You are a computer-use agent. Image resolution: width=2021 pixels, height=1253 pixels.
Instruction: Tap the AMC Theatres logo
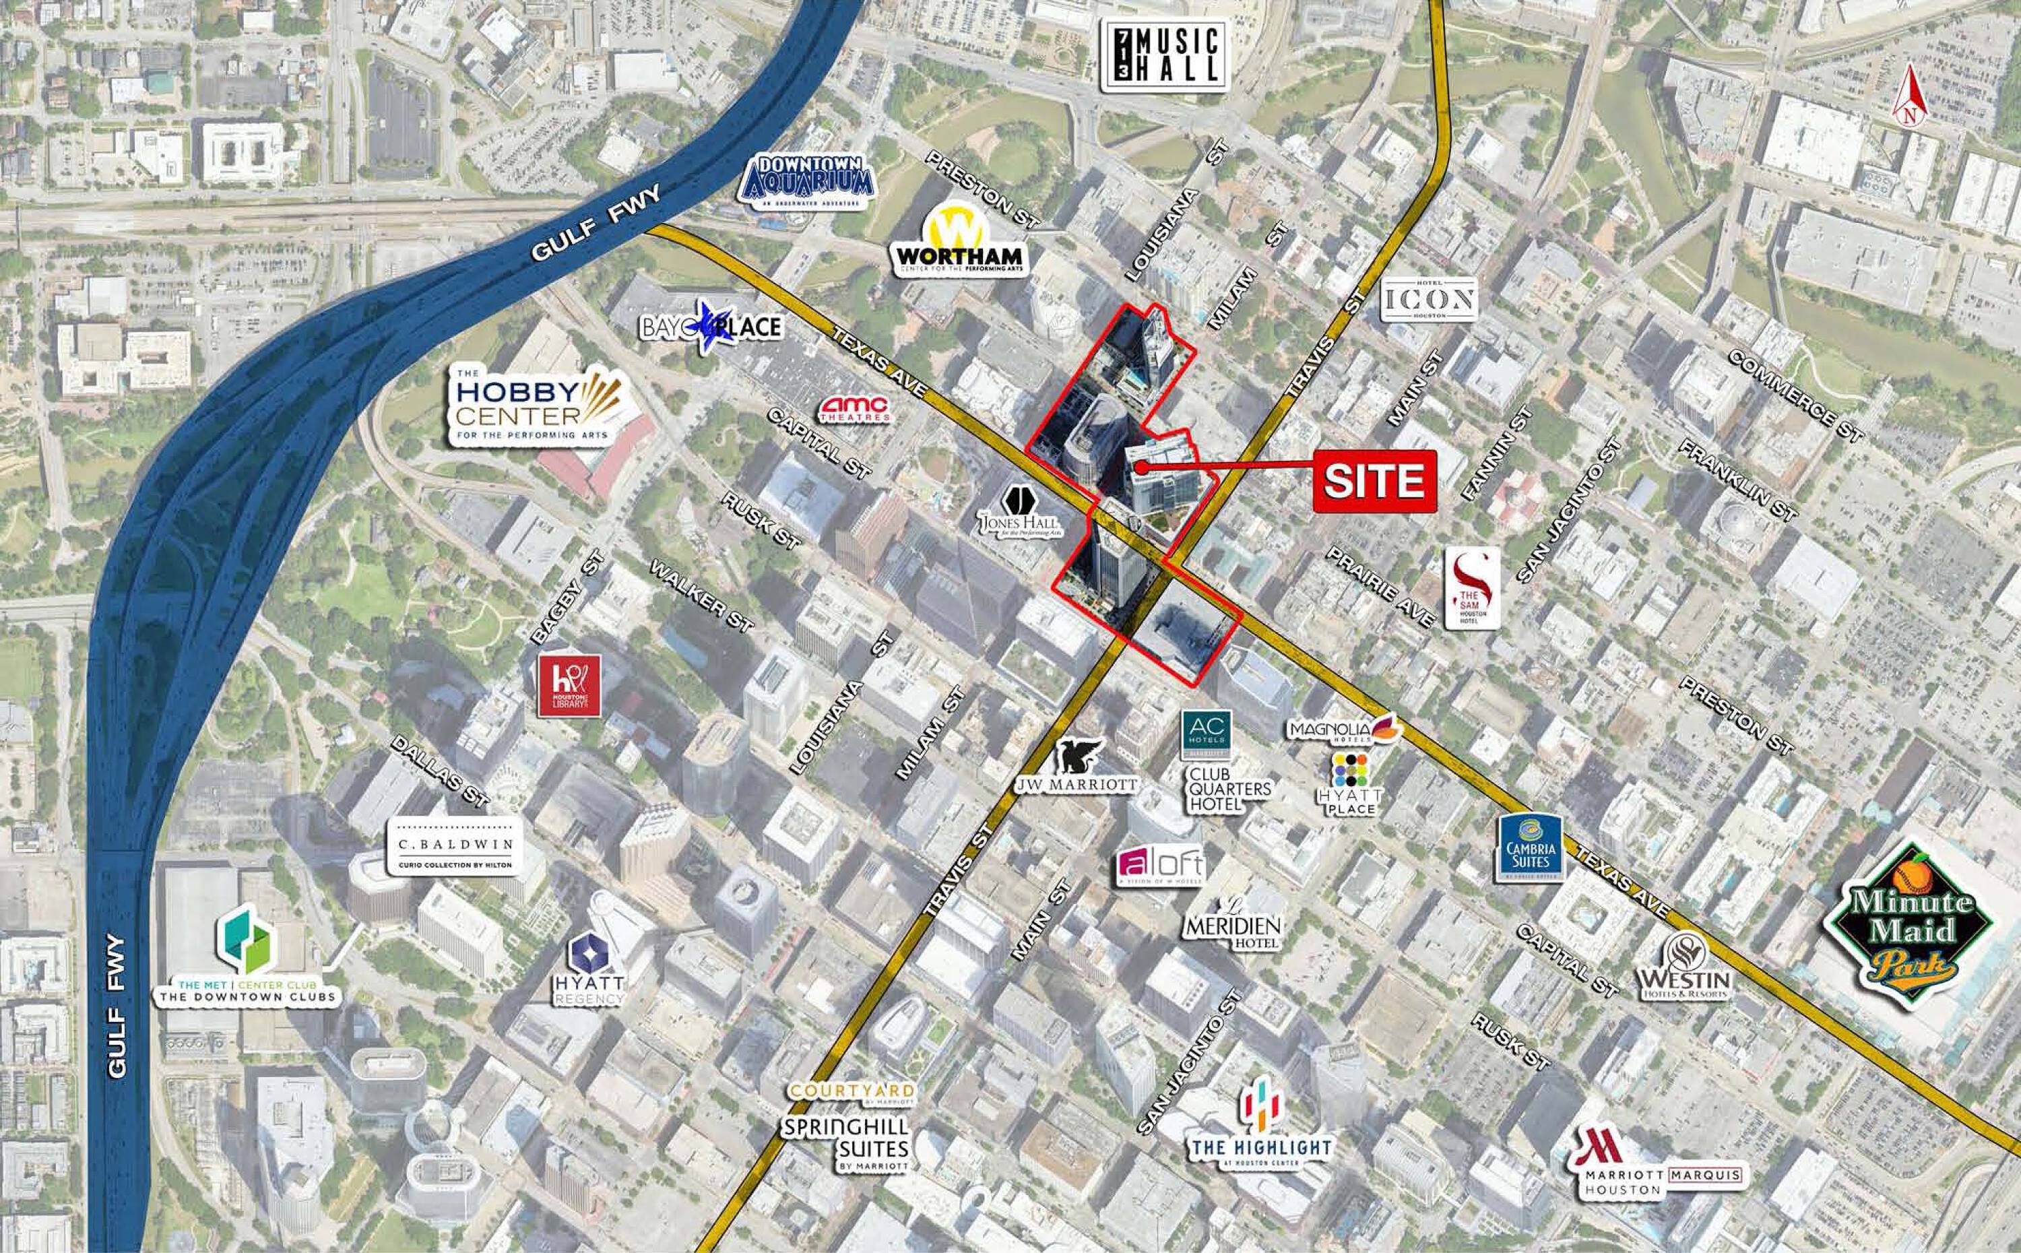[x=854, y=408]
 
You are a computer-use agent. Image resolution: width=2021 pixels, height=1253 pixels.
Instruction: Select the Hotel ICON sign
[x=1430, y=299]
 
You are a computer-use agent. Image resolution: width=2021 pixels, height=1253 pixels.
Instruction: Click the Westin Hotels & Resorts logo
[x=1686, y=968]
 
